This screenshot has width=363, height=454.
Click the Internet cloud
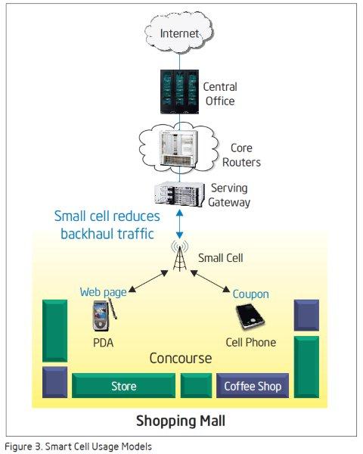pos(179,33)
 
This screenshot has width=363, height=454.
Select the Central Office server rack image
pos(179,92)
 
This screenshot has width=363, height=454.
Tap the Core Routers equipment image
pos(179,148)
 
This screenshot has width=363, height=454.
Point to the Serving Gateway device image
pos(179,194)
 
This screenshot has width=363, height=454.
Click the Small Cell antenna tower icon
pos(180,256)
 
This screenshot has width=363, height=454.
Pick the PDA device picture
pos(104,315)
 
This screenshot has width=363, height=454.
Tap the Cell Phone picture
pos(250,316)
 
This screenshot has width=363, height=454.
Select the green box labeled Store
pos(123,385)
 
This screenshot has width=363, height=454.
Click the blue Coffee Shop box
pos(253,385)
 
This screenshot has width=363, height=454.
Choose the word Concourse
pos(181,358)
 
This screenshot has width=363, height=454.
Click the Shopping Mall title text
pos(181,421)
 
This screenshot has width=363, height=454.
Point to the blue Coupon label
pos(250,294)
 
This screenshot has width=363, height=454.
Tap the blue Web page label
pos(103,292)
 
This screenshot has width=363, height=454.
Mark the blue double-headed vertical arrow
pos(179,224)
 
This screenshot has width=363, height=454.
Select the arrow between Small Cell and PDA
pos(148,281)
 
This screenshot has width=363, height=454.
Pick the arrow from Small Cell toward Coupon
pos(210,281)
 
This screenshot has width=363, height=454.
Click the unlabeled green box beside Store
pos(196,385)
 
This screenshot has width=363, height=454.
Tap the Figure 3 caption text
pos(78,446)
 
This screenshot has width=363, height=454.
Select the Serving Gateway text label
pos(229,195)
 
